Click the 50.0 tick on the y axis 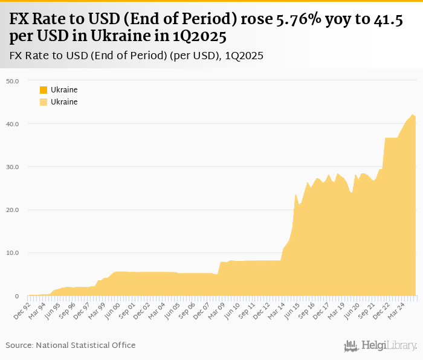13,80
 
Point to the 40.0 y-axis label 13,124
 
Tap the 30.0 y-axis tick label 13,167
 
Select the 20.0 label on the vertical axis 13,210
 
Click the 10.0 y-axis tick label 13,253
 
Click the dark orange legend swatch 44,90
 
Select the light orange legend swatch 44,102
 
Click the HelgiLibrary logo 381,346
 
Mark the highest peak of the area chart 413,115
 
